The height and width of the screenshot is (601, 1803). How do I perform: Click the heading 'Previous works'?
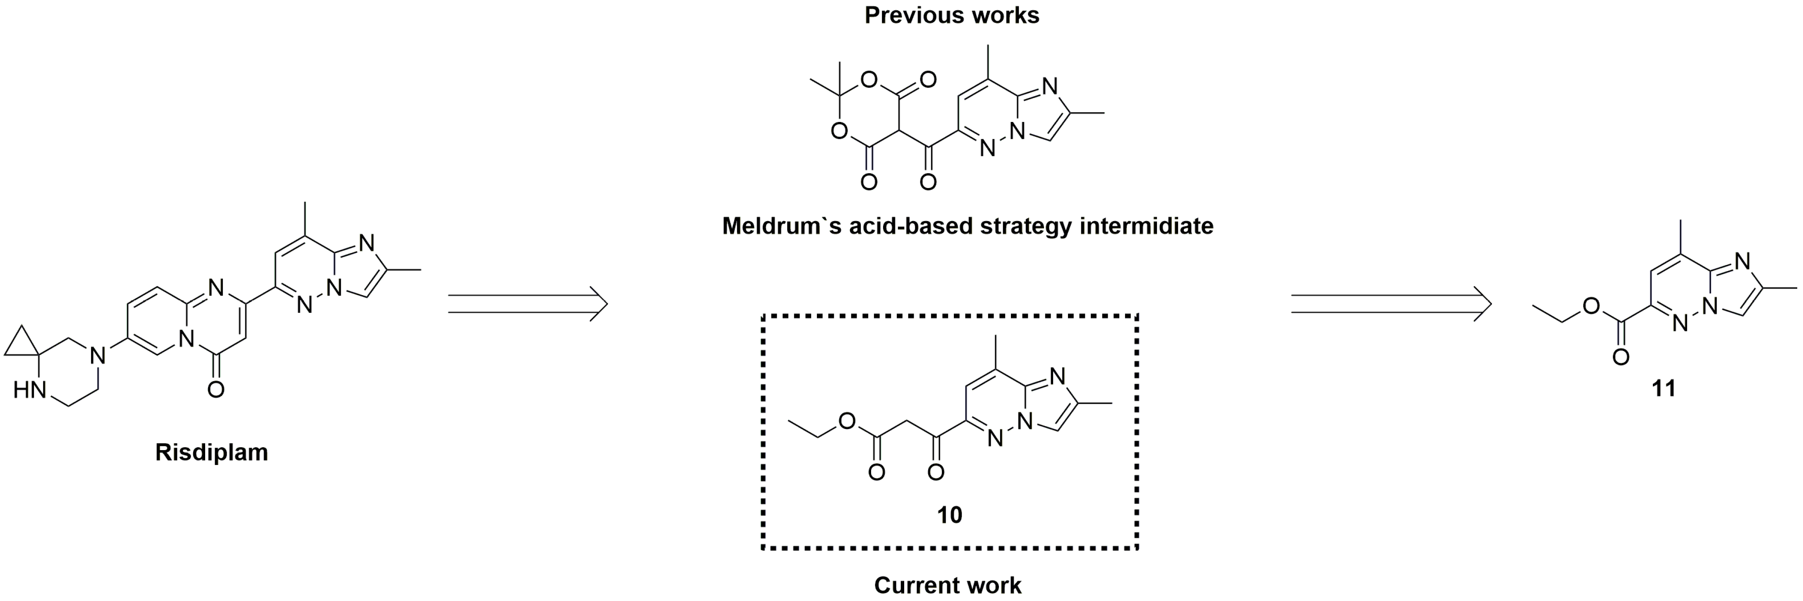click(951, 15)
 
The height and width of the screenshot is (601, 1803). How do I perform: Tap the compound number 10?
click(949, 515)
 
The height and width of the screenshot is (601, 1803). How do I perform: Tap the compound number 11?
click(1663, 388)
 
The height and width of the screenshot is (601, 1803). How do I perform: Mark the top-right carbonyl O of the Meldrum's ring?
click(928, 80)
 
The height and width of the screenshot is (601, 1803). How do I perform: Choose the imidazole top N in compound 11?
click(1743, 261)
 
